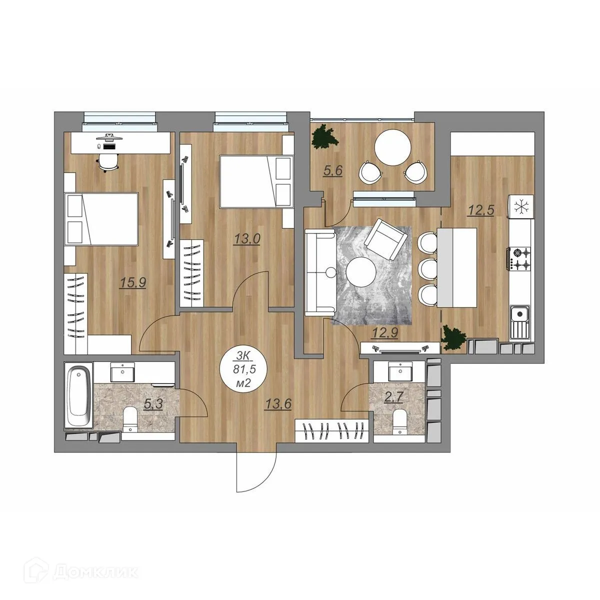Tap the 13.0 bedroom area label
[x=247, y=239]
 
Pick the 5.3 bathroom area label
[x=153, y=405]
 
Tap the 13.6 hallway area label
[x=278, y=404]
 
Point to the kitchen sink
[x=519, y=323]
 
